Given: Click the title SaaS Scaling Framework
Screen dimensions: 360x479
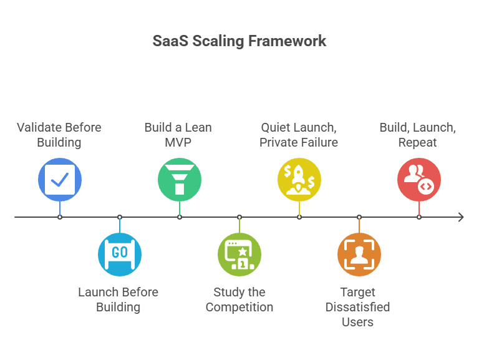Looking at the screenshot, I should (x=239, y=41).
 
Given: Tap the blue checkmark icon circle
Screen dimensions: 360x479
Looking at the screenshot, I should (x=60, y=180).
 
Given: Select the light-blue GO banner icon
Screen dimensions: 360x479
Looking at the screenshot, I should (x=120, y=254).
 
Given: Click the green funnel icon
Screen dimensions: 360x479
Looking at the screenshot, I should (x=180, y=180).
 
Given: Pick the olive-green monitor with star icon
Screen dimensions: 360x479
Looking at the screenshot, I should (x=239, y=254).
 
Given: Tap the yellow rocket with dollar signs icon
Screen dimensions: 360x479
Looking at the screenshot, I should (x=299, y=180).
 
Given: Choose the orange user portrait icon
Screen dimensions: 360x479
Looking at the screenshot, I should (x=359, y=254).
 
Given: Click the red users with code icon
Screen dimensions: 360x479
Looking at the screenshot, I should (x=419, y=180).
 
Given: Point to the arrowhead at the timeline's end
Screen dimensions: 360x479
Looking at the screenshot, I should (x=461, y=217).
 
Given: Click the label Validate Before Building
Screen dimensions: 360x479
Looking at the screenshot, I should (x=59, y=135).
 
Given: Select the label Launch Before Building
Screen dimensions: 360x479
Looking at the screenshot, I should (x=119, y=299).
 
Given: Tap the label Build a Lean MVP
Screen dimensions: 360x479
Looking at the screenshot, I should (x=178, y=135).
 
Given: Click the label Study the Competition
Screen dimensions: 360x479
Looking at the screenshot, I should (x=239, y=299).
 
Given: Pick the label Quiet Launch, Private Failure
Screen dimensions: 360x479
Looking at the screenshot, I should (x=299, y=135).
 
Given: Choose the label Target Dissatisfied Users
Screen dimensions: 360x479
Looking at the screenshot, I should (x=358, y=307).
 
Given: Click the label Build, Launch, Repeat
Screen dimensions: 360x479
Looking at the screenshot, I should (x=418, y=135).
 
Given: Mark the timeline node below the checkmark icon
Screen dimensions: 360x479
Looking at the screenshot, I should (x=60, y=217).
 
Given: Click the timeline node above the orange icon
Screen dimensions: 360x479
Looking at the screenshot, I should (x=359, y=217).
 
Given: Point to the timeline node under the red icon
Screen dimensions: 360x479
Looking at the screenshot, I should (x=419, y=217).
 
